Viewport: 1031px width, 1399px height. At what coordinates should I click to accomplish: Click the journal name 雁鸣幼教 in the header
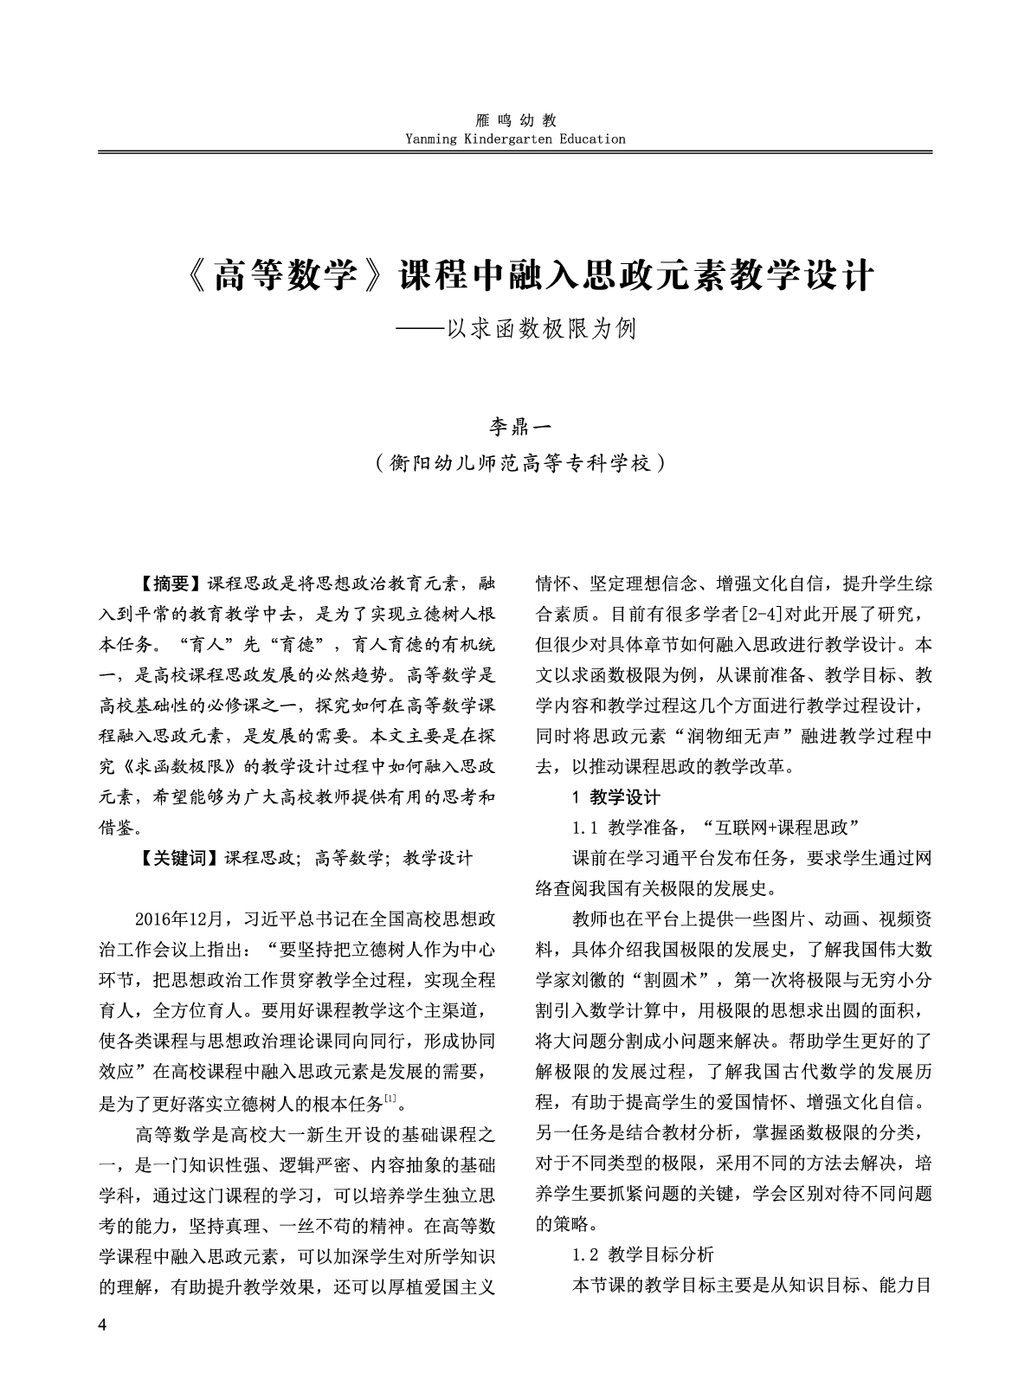coord(515,121)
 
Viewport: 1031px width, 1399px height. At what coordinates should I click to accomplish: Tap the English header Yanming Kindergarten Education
coord(515,139)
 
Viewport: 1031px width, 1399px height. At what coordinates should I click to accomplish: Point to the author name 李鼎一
coord(515,428)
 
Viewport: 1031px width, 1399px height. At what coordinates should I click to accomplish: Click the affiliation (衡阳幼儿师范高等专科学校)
coord(515,463)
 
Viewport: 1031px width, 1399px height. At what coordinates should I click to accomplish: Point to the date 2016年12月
coord(180,918)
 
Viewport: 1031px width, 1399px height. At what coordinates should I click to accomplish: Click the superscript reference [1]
coord(390,1100)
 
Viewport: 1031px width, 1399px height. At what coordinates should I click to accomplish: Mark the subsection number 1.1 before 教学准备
coord(585,827)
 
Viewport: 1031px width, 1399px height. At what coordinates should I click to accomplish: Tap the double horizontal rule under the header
coord(515,153)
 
